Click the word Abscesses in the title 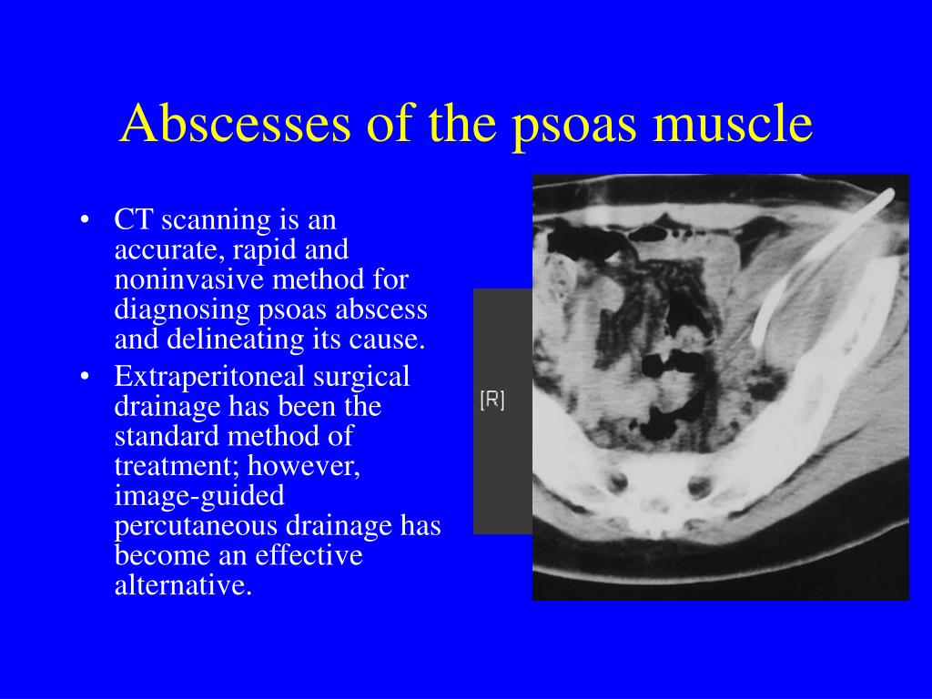(x=236, y=123)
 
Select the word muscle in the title (x=733, y=123)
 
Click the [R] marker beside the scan (x=492, y=400)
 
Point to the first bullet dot (x=85, y=220)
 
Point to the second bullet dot (x=85, y=377)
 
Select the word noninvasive (x=189, y=279)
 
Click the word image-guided (x=199, y=497)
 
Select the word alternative (x=183, y=585)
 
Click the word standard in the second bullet (x=167, y=436)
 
